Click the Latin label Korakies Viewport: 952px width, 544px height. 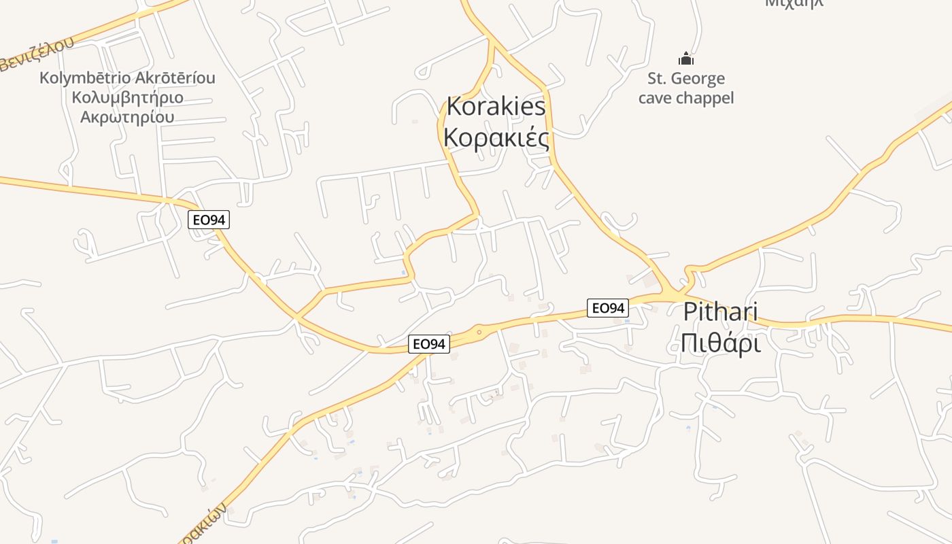click(496, 106)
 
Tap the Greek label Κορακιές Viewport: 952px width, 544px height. click(496, 137)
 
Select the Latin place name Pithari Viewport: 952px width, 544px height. click(720, 312)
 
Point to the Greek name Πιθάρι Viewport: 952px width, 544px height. click(720, 343)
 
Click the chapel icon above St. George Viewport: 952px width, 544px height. click(685, 59)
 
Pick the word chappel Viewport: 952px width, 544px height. click(705, 98)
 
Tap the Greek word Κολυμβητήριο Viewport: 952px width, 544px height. click(127, 97)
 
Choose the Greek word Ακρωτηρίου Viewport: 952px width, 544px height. click(127, 116)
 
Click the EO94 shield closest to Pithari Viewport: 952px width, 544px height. click(607, 308)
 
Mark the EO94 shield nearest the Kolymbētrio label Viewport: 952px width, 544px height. click(209, 220)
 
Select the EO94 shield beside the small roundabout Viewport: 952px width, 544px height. click(429, 344)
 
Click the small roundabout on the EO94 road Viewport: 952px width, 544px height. click(479, 332)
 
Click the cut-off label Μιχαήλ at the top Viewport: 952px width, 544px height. click(794, 3)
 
